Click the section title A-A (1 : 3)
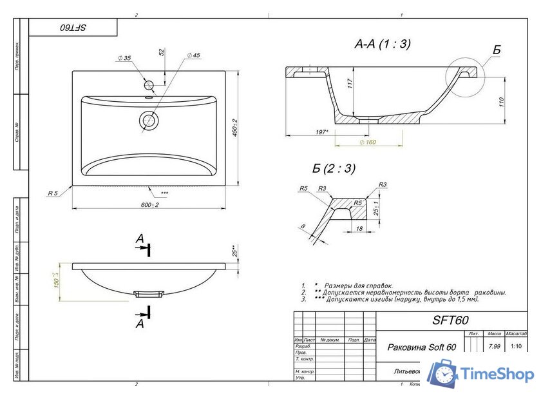(382, 44)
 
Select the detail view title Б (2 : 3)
(334, 169)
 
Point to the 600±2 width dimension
(149, 204)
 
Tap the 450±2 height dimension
(235, 128)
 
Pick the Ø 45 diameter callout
(193, 56)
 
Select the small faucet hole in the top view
(149, 84)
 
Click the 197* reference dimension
(323, 132)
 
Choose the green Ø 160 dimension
(368, 142)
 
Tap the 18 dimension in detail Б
(360, 228)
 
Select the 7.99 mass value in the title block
(494, 347)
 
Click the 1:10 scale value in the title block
(515, 347)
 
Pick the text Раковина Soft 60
(421, 347)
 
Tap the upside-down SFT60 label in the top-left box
(73, 28)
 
